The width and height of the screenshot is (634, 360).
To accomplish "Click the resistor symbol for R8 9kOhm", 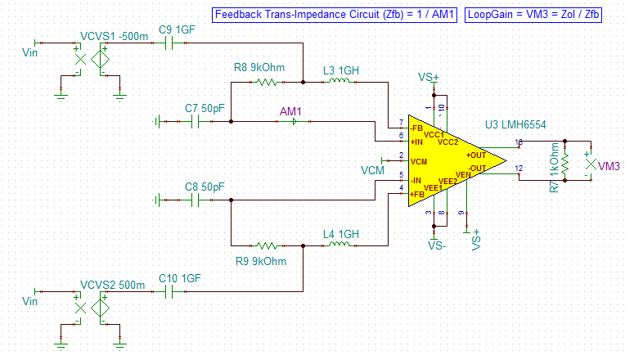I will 268,82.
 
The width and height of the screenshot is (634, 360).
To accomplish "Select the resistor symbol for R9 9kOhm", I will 268,245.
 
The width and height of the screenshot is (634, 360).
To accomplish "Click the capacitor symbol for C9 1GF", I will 172,43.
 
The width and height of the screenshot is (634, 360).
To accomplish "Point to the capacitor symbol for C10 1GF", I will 172,292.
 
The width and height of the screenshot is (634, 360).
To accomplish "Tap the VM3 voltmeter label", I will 609,167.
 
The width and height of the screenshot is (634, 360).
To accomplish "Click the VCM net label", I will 372,169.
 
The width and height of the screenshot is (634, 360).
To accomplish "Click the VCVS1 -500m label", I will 115,38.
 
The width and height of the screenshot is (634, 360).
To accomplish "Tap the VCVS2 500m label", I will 114,285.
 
